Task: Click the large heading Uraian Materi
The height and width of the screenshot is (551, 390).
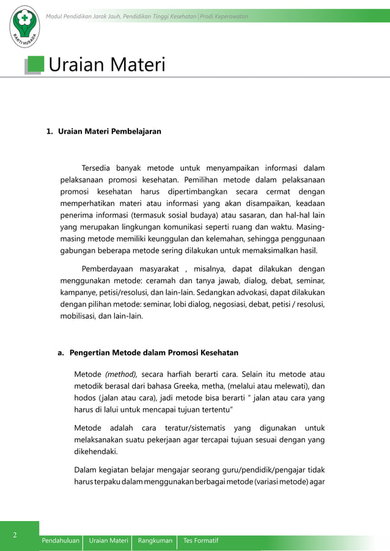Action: pos(106,65)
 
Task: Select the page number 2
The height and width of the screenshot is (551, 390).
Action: pos(16,535)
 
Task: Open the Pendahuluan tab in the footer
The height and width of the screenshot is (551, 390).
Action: pos(61,541)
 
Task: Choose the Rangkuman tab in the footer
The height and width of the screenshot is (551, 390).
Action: pos(155,541)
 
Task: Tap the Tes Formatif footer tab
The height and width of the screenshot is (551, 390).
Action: pos(201,541)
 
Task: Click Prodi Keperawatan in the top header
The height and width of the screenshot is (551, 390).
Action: pos(227,15)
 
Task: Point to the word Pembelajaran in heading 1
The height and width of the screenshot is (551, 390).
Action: pos(136,131)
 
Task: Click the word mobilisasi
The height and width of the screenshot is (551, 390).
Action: pos(80,317)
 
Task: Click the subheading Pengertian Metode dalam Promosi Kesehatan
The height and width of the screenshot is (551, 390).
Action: pos(153,352)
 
